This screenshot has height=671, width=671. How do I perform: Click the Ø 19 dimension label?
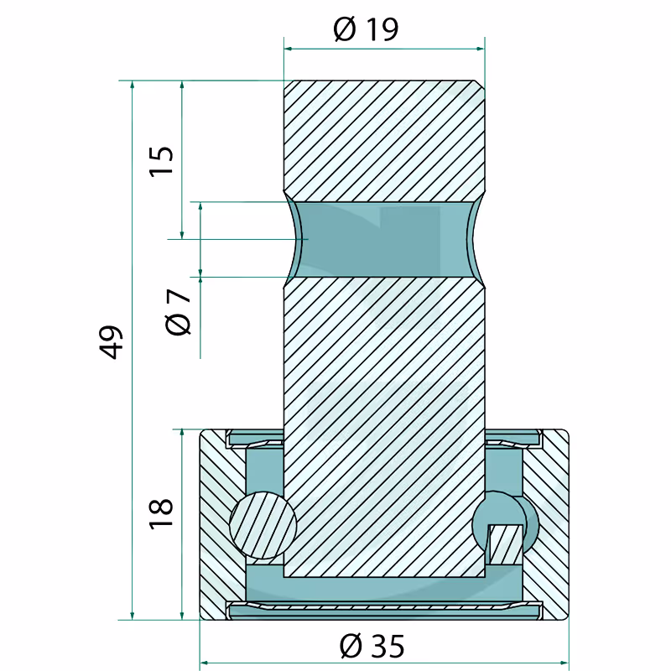[x=366, y=29]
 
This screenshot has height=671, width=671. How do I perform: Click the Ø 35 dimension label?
[x=372, y=646]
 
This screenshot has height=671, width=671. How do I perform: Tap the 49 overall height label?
[x=112, y=342]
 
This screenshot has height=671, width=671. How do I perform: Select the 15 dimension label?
[x=161, y=160]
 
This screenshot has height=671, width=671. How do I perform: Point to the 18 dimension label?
[x=161, y=513]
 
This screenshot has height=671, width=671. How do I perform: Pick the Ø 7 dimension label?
[x=178, y=312]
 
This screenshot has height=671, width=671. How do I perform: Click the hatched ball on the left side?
[x=263, y=525]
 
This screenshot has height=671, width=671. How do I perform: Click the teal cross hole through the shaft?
[x=384, y=239]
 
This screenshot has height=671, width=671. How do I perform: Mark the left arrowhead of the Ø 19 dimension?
[x=288, y=49]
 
